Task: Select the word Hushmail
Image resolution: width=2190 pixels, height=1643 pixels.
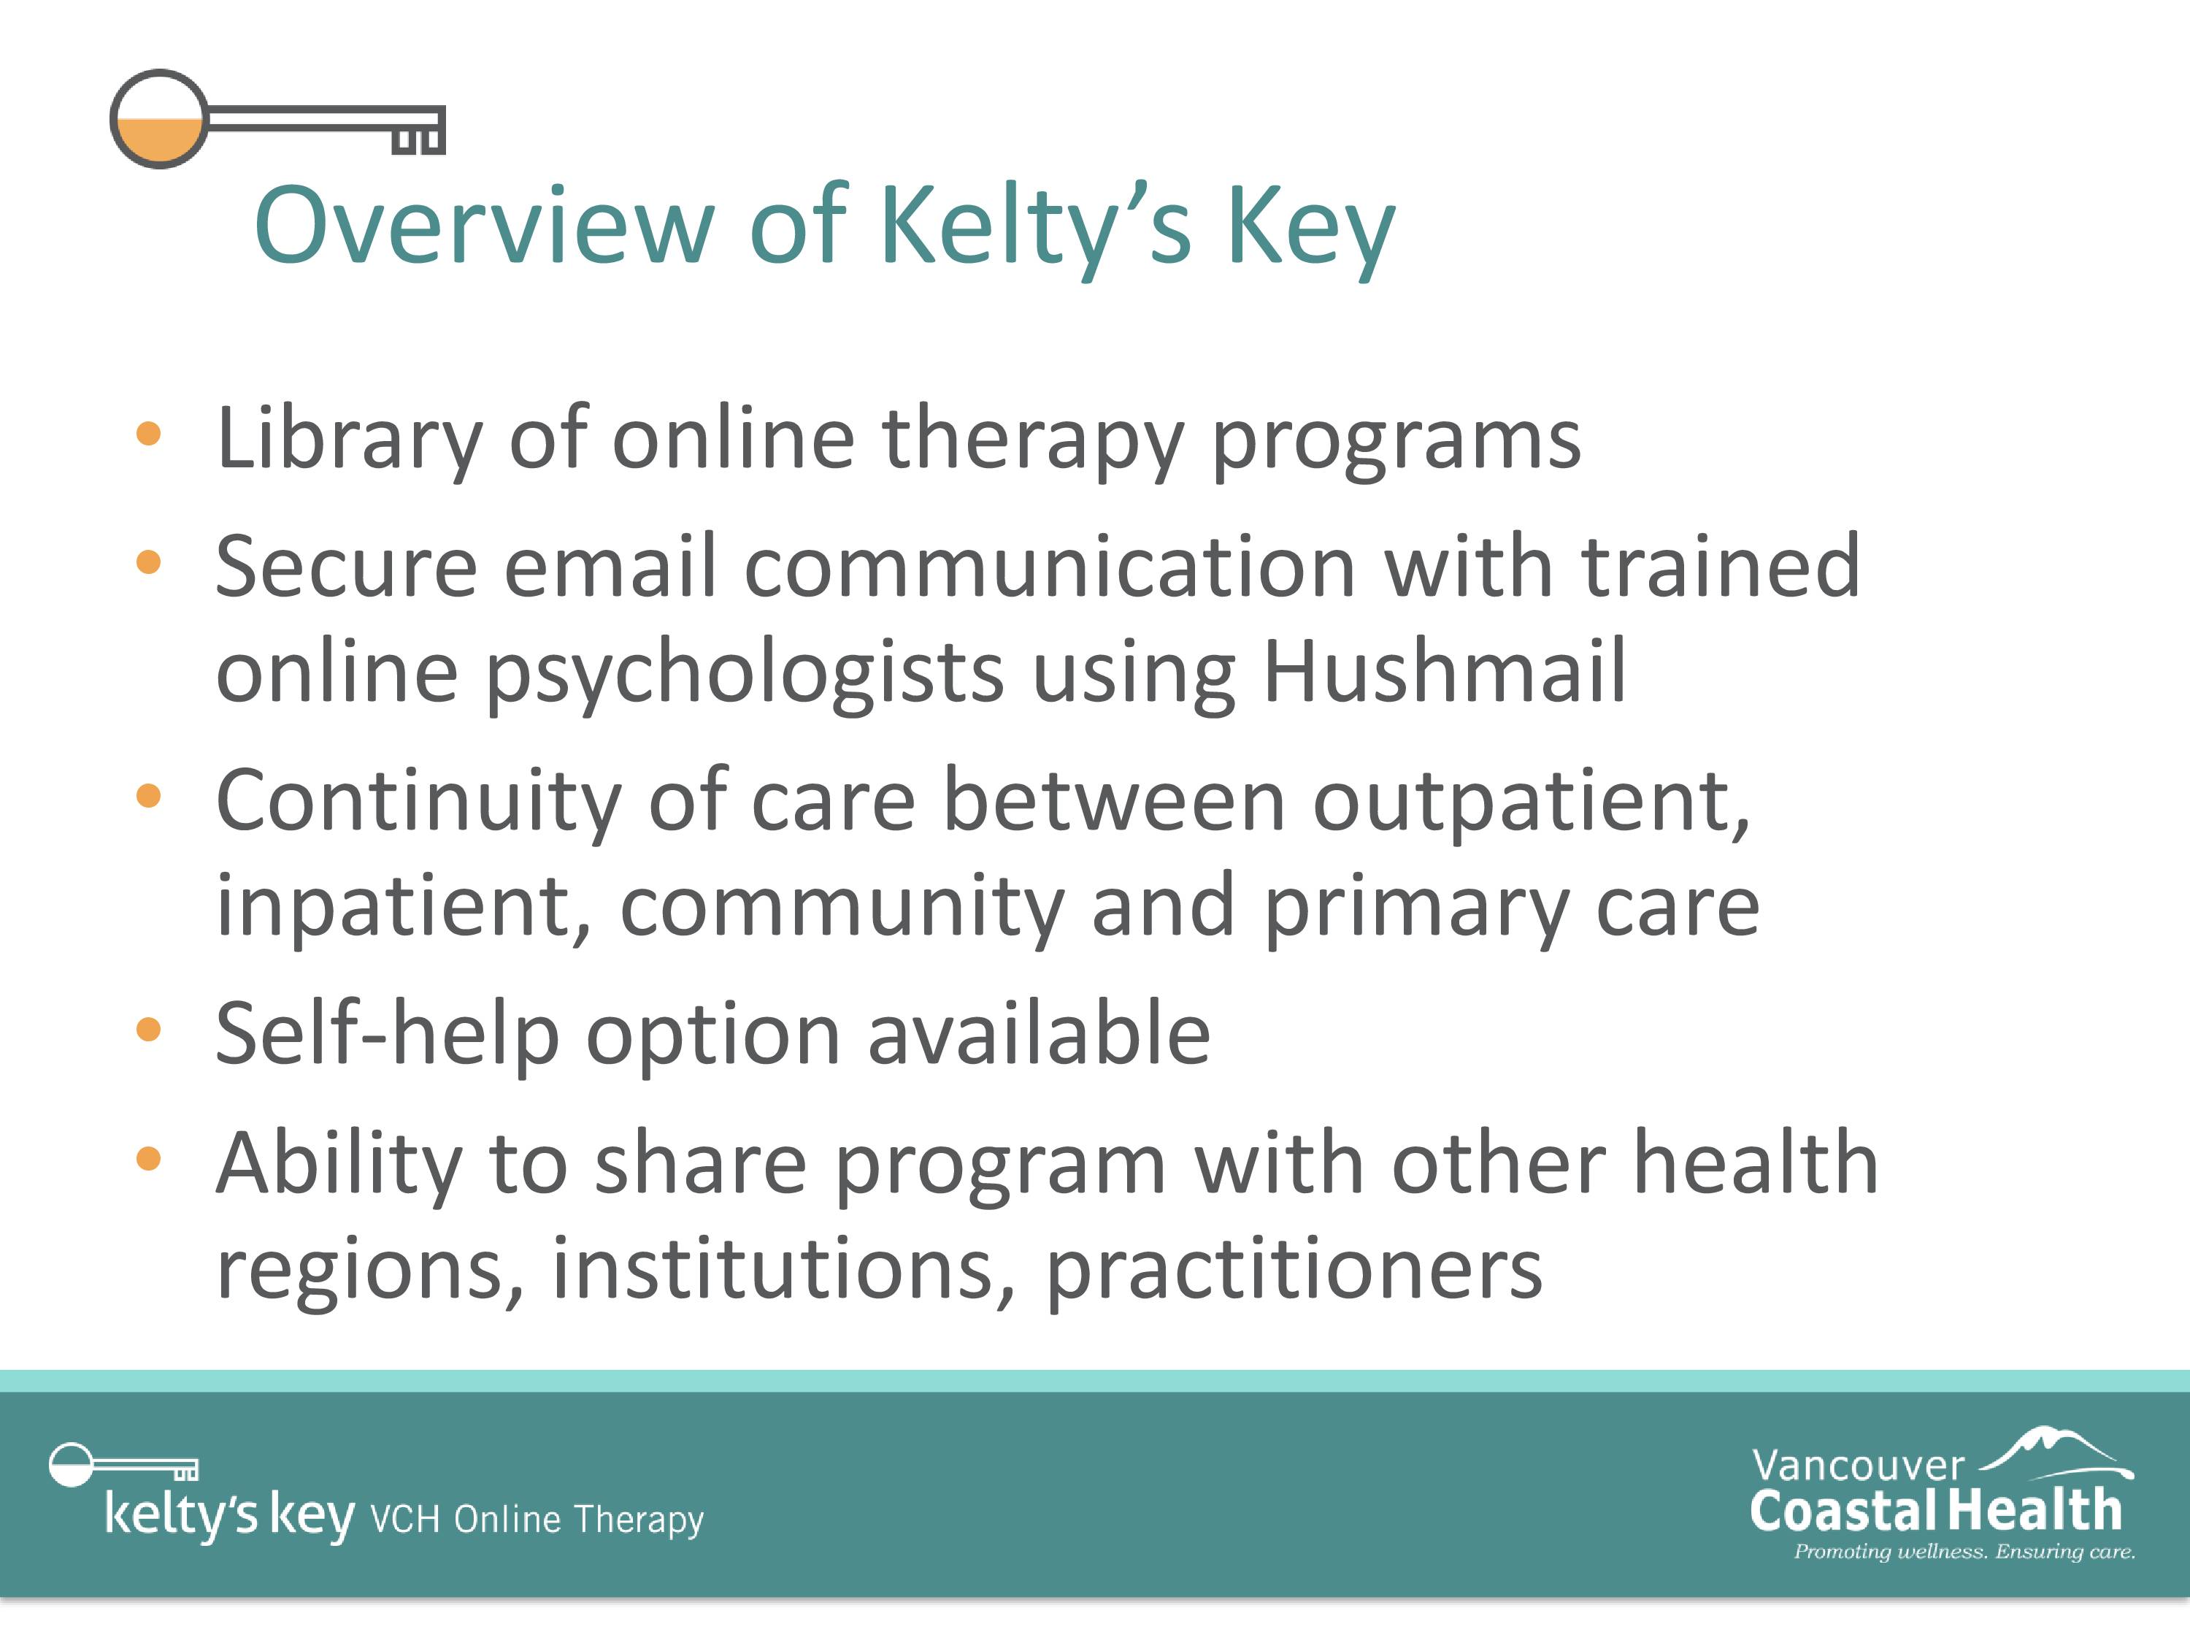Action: pos(1445,670)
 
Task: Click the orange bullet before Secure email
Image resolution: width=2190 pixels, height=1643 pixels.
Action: pos(148,562)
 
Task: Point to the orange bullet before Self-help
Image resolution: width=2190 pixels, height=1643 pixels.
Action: pos(148,1029)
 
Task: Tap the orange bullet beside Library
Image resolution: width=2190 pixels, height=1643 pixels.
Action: pos(148,434)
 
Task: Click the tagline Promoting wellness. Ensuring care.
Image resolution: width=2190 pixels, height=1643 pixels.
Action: pos(1964,1552)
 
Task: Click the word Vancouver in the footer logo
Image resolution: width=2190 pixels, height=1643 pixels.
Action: pos(1857,1466)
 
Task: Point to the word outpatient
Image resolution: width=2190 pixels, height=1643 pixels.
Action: pos(1532,803)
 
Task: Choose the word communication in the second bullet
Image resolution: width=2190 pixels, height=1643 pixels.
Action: pos(1050,567)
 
